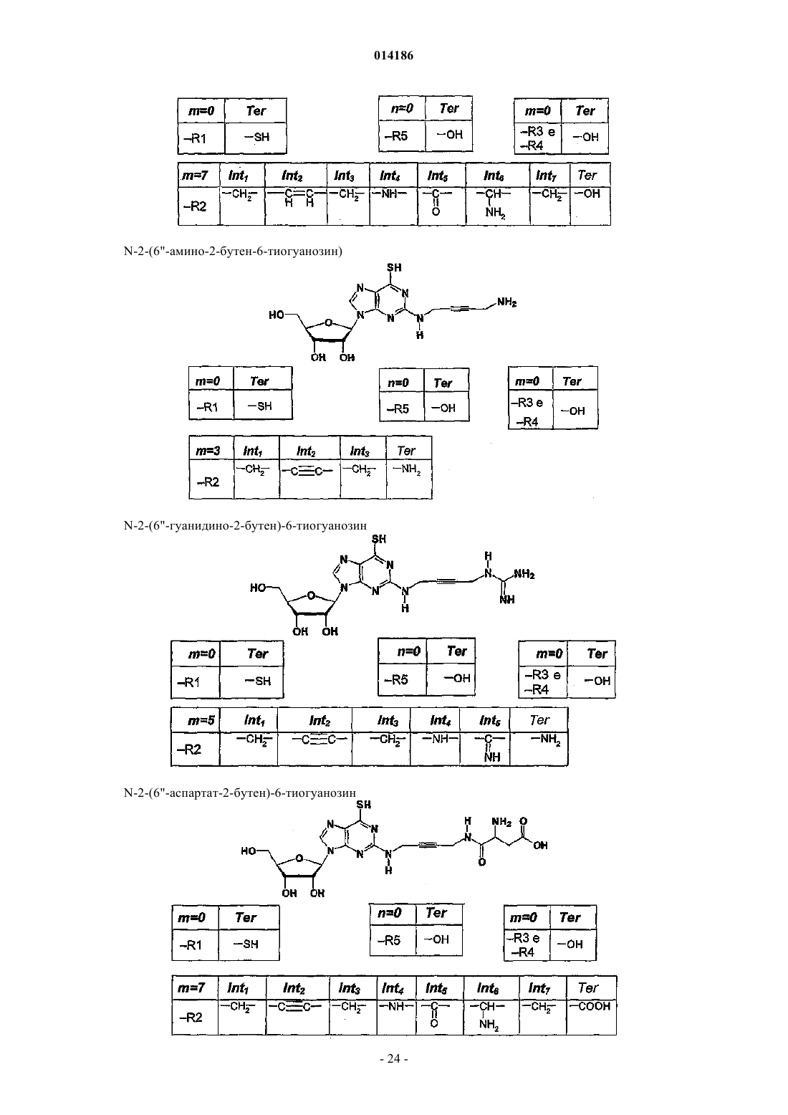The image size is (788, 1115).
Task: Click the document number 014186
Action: click(393, 55)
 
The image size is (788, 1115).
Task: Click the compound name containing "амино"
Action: click(233, 251)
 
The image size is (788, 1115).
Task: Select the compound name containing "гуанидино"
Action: click(245, 525)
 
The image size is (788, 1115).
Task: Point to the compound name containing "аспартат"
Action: click(240, 793)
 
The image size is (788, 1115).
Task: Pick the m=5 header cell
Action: click(196, 719)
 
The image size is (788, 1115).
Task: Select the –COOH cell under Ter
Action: click(591, 1018)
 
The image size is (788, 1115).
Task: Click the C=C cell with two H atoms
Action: click(296, 206)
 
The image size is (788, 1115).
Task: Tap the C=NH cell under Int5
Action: click(485, 749)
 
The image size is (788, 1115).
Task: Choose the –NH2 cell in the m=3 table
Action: click(409, 479)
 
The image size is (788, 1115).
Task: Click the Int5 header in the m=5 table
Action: click(485, 719)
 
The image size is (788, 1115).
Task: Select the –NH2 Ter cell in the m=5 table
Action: click(539, 749)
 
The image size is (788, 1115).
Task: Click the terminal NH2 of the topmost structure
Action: click(506, 302)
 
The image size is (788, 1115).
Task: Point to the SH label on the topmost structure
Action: click(394, 267)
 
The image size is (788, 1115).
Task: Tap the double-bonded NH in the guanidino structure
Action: click(507, 600)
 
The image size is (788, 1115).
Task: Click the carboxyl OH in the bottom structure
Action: click(540, 846)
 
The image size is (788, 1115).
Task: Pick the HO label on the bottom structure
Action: click(249, 851)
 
